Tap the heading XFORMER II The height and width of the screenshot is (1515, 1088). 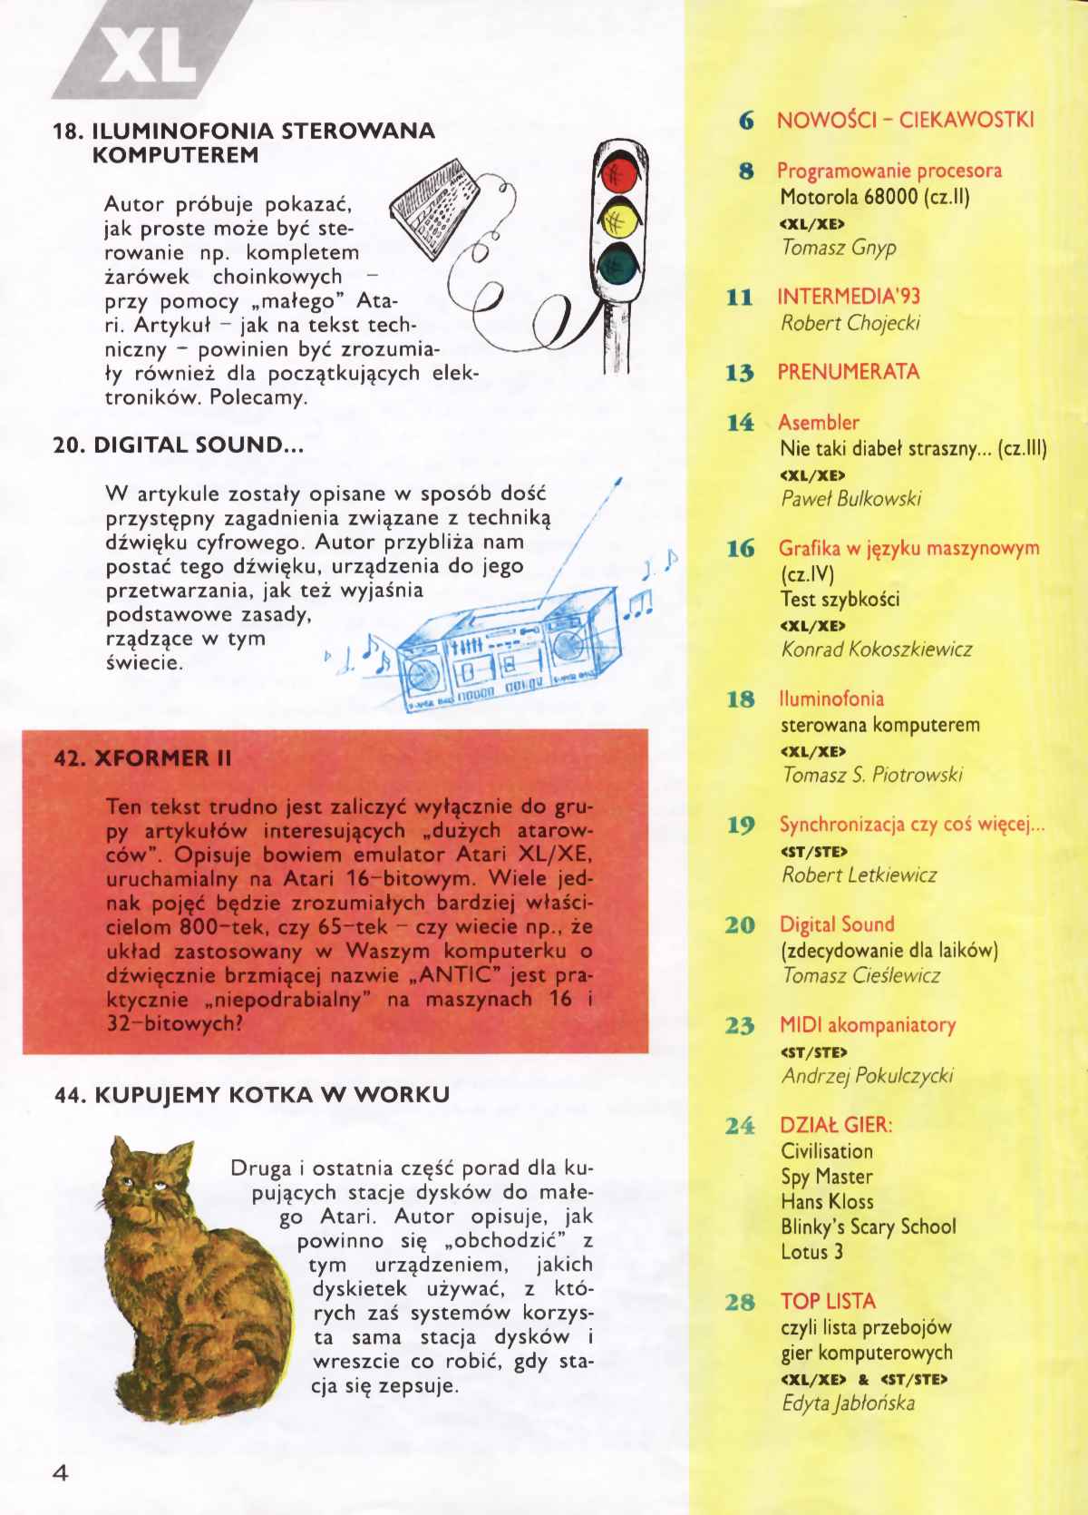click(x=143, y=758)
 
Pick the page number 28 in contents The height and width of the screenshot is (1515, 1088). click(x=741, y=1302)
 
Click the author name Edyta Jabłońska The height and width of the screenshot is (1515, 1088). click(x=848, y=1403)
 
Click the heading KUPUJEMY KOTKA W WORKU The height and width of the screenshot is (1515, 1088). click(x=252, y=1094)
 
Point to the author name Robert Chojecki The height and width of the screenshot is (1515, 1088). click(x=839, y=323)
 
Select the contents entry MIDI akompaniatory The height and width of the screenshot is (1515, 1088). click(x=868, y=1025)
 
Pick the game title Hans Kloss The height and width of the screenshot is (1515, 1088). click(x=827, y=1202)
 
